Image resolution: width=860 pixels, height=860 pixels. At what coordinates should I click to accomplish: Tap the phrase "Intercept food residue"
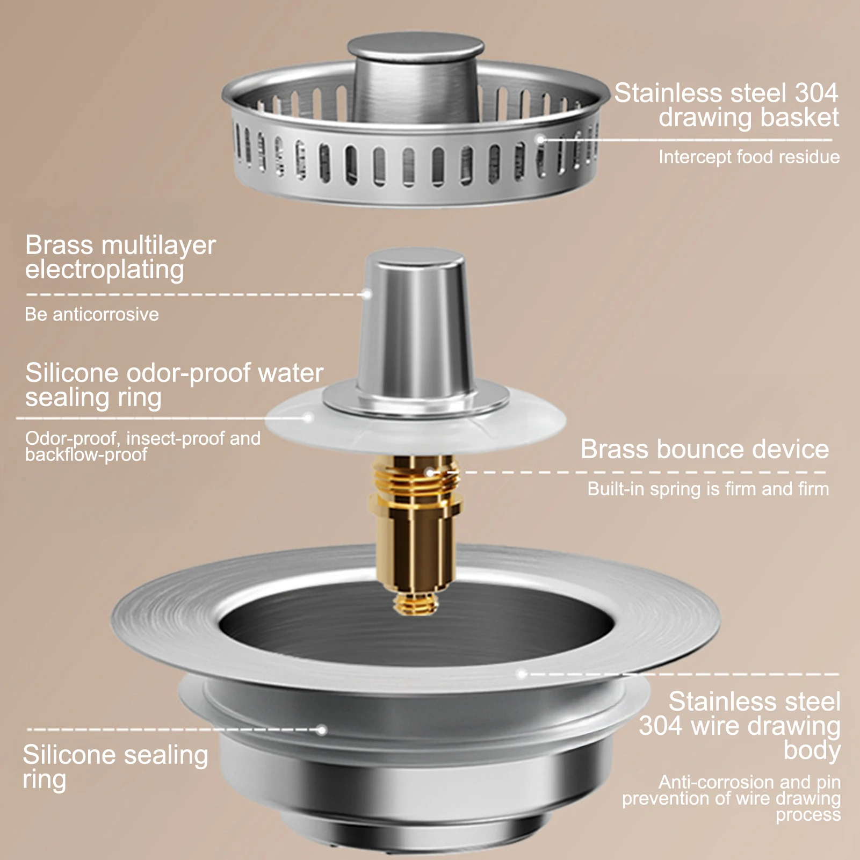pos(749,157)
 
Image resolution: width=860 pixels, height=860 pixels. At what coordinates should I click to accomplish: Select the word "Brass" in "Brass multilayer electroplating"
pos(59,245)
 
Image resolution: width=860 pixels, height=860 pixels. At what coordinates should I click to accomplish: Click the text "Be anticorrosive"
pos(92,314)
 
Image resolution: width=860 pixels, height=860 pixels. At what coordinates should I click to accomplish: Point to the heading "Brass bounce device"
pos(705,449)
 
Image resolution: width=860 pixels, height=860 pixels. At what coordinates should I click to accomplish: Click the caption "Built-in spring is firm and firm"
pos(708,489)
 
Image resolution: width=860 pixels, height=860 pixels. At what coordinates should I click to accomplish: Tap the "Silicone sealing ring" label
pos(115,767)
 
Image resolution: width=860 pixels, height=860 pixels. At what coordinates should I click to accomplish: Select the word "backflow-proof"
pos(86,455)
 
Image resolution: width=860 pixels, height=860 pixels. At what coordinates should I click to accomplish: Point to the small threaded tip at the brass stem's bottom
pos(415,604)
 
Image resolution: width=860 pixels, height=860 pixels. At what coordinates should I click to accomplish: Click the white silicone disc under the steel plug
pos(416,424)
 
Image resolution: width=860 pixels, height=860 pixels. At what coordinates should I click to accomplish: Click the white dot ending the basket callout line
pos(541,140)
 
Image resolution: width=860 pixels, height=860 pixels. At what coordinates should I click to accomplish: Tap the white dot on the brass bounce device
pos(430,473)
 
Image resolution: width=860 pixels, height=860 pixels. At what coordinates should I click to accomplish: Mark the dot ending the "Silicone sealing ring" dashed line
pos(322,730)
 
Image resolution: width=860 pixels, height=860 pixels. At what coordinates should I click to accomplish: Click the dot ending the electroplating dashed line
pos(367,294)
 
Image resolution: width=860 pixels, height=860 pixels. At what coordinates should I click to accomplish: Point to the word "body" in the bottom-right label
pos(812,750)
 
